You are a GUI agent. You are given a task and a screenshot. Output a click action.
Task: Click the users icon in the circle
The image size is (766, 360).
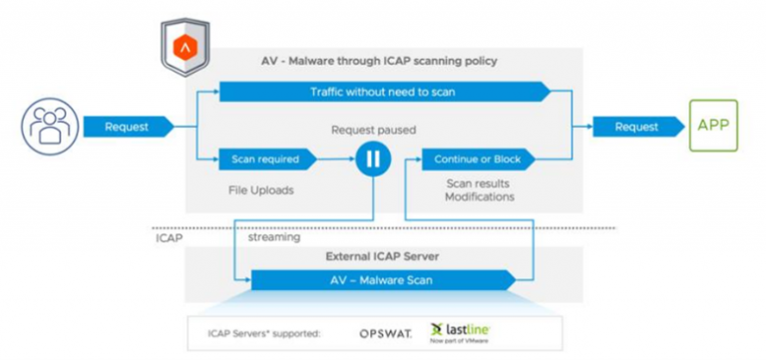click(x=47, y=128)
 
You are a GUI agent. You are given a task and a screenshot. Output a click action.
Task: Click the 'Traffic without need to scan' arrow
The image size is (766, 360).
click(x=384, y=93)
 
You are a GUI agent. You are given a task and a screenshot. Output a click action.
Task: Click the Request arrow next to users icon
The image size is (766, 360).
click(x=127, y=128)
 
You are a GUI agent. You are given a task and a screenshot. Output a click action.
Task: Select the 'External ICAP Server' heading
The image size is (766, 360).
click(x=383, y=257)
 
